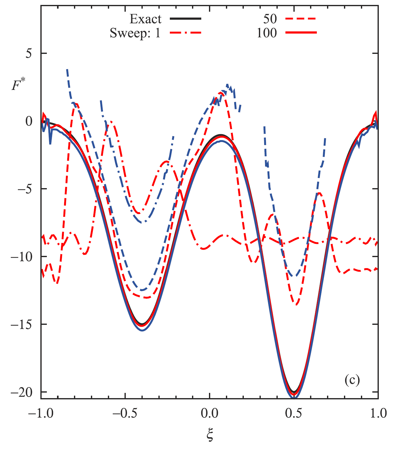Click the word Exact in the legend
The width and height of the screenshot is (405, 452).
pos(145,19)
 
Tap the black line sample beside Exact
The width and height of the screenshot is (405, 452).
pos(186,19)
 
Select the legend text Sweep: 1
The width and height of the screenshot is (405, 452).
pos(135,33)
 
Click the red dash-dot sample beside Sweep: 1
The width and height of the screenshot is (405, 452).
pos(186,33)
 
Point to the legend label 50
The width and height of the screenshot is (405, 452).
pos(270,19)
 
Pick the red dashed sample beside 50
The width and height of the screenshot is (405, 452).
pos(301,19)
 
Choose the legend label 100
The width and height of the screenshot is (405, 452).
pos(267,33)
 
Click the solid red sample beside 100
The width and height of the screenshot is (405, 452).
pos(301,33)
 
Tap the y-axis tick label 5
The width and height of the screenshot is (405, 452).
pos(29,53)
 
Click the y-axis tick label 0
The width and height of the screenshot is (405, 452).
pos(29,121)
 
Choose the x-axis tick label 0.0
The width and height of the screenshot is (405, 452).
pos(209,413)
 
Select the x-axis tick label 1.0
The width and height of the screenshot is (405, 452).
pos(378,413)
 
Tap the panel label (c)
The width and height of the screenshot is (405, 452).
pos(352,381)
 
